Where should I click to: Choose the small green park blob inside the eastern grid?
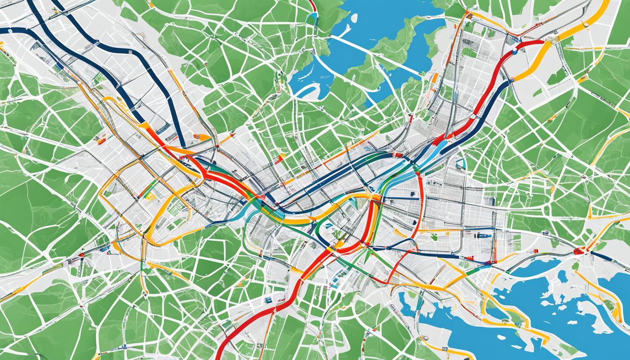tap(434, 237)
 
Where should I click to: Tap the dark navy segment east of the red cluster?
tap(609, 259)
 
